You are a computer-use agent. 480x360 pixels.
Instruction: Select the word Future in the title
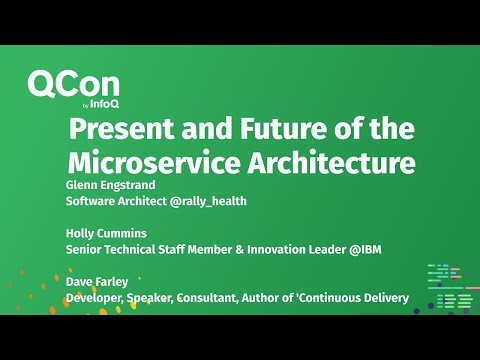285,130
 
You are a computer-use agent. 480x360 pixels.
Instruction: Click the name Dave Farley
96,282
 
